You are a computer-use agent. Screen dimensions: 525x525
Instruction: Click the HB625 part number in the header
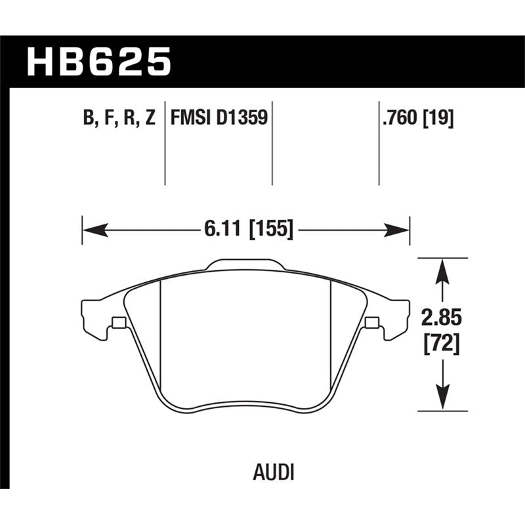(x=98, y=63)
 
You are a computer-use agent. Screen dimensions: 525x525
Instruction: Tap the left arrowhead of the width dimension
(x=92, y=230)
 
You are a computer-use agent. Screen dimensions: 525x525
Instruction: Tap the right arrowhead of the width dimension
(x=399, y=230)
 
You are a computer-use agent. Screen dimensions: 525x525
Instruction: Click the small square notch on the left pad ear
(x=119, y=322)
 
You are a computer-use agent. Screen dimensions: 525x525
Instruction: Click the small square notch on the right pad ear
(x=371, y=322)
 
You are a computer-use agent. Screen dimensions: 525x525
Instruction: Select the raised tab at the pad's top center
(x=245, y=264)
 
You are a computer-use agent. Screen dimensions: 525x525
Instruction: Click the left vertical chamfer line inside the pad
(x=161, y=328)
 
